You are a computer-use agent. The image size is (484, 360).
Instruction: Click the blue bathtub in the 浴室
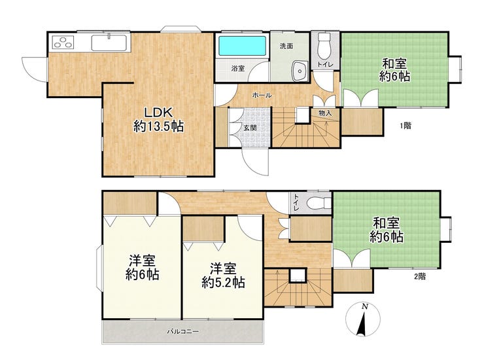(242, 46)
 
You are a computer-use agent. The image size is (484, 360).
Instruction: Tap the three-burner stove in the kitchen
(63, 43)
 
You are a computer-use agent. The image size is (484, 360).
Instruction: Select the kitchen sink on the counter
(109, 43)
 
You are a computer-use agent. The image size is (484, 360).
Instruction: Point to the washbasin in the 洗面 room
(299, 71)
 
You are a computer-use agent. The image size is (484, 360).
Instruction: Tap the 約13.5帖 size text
(159, 126)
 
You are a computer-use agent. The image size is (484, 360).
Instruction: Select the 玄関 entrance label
(250, 128)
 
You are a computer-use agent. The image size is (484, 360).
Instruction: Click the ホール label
(262, 95)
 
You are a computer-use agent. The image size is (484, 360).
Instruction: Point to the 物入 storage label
(325, 113)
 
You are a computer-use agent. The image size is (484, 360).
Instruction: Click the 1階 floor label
(406, 126)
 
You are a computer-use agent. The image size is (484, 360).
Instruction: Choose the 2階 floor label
(420, 276)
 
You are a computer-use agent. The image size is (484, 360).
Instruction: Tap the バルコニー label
(183, 332)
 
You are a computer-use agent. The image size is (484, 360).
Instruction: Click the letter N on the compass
(365, 307)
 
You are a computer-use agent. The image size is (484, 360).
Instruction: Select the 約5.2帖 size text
(224, 282)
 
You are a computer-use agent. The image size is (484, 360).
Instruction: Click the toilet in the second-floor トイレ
(319, 203)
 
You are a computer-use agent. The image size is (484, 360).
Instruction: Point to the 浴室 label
(238, 69)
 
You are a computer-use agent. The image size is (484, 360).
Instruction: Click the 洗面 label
(286, 46)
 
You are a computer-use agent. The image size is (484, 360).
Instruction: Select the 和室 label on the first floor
(394, 64)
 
